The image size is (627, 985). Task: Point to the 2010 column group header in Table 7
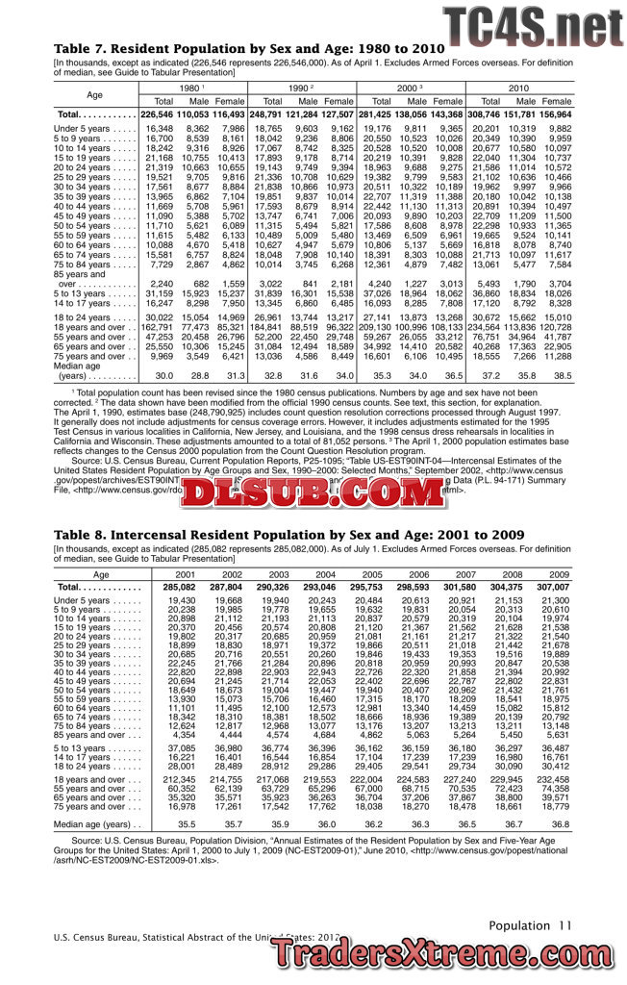(518, 88)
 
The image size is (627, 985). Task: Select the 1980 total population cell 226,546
(158, 114)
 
